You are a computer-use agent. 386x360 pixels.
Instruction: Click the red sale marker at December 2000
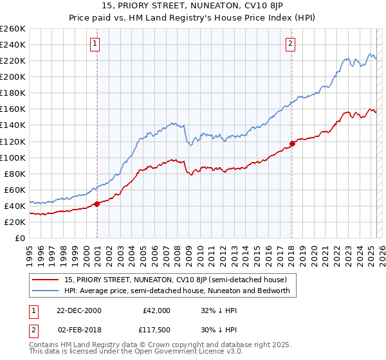97,204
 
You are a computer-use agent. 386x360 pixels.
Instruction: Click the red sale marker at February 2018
292,143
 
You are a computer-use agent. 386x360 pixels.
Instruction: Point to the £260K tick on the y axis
12,29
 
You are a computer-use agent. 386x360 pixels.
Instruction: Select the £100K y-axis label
12,157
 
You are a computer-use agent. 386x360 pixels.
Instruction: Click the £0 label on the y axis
20,238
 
